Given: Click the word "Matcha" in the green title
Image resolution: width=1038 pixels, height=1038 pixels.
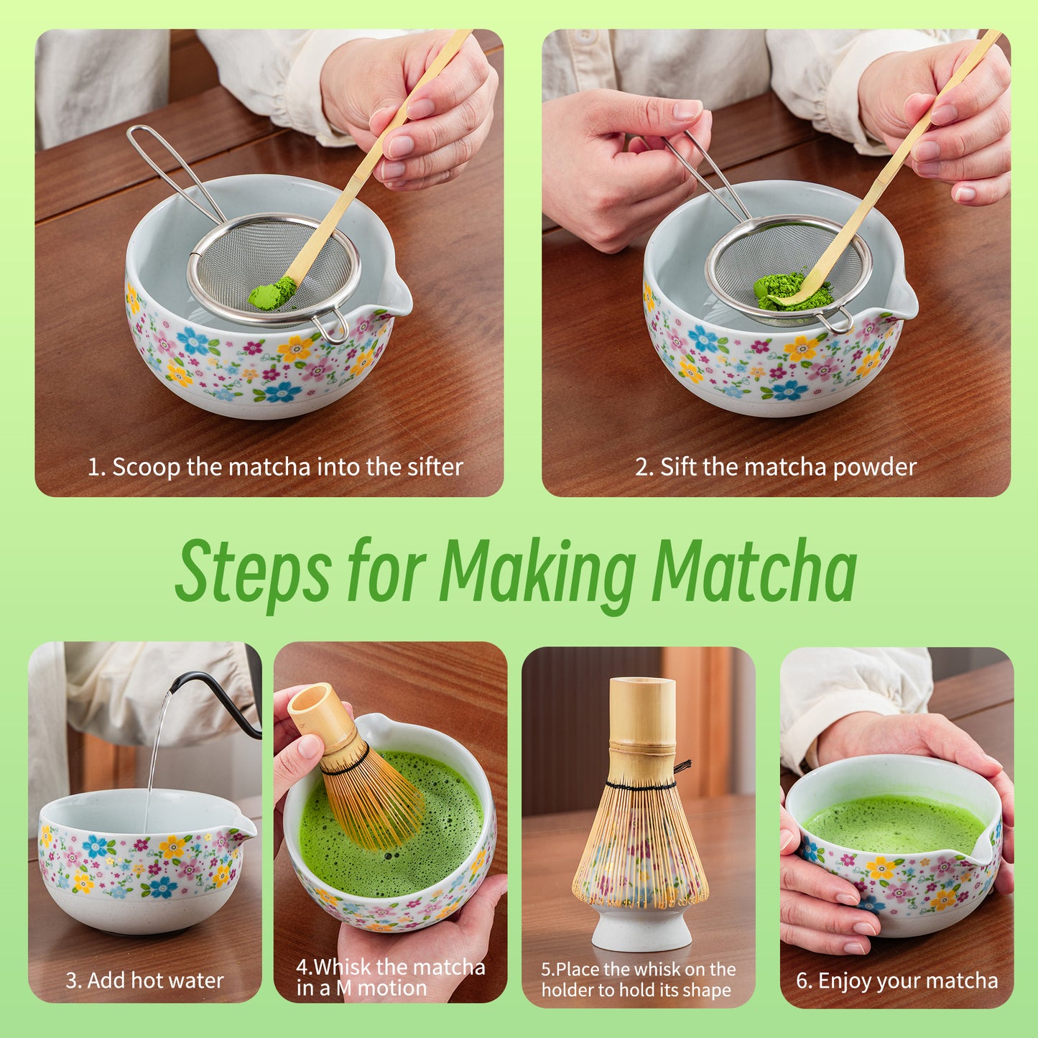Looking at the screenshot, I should pos(754,571).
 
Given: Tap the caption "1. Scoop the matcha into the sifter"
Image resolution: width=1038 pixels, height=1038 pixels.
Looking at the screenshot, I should pos(275,467).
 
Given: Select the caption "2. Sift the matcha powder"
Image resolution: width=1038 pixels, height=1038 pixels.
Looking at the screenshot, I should pos(775,467).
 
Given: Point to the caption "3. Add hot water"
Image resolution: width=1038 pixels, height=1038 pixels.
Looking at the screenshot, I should pos(144,981).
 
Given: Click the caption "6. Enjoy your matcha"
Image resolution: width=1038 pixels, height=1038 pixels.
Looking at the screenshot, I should pos(896,981).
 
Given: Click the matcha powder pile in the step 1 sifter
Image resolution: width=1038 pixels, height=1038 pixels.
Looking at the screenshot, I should pos(272,293).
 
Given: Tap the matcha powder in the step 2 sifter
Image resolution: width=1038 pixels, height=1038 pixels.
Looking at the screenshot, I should pos(790,292).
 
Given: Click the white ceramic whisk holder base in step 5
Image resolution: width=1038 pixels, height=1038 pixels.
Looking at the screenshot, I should pos(641,930).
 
